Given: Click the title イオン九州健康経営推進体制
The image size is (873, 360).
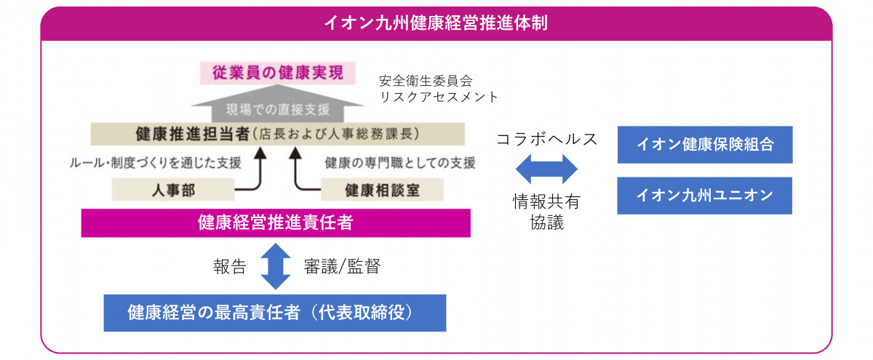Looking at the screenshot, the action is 436,23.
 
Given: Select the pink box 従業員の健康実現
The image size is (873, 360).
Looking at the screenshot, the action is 277,73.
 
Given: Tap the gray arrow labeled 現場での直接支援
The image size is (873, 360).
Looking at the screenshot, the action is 277,105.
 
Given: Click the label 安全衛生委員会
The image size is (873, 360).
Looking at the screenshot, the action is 426,81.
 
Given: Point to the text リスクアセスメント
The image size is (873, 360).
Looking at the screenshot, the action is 439,97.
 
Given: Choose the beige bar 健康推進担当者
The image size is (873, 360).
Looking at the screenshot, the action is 277,134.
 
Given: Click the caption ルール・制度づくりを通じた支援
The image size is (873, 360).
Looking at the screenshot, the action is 156,163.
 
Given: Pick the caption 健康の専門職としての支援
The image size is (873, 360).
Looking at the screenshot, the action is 400,163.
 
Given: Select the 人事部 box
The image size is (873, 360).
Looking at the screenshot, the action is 173,190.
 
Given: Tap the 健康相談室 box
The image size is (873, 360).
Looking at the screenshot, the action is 382,190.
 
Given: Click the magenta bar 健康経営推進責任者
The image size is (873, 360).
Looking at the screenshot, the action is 276,223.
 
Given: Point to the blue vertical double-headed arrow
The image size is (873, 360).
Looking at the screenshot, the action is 276,266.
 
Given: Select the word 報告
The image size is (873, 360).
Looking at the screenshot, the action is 230,267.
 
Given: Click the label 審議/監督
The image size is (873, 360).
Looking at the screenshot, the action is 342,267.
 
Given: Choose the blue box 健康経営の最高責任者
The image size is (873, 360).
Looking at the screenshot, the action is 275,313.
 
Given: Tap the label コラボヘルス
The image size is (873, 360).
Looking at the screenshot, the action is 547,139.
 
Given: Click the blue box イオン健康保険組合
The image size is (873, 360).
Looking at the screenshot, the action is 705,145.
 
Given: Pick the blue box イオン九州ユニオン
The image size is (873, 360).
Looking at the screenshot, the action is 705,196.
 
